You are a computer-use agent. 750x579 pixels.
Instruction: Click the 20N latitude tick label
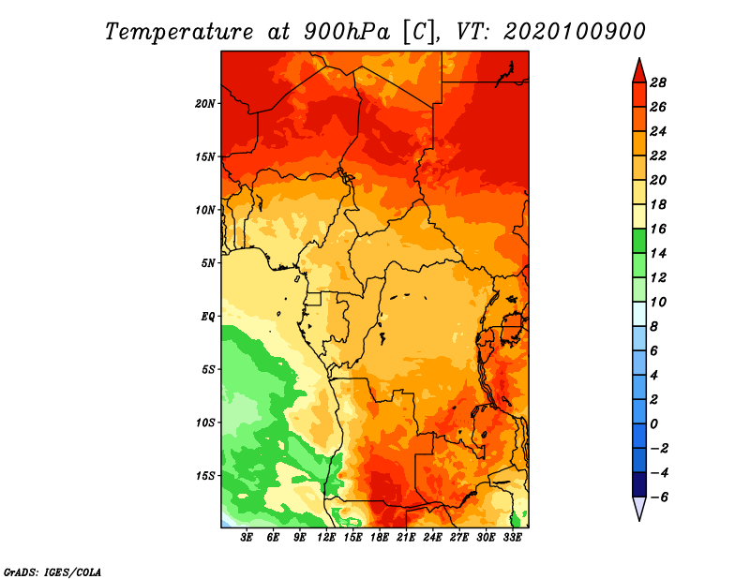pos(205,104)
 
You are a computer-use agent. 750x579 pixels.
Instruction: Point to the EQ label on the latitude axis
pos(208,317)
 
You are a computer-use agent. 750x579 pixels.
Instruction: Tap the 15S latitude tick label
pos(205,476)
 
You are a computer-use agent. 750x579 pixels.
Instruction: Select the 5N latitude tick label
pos(208,263)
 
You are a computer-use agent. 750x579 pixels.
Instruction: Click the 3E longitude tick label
pos(247,538)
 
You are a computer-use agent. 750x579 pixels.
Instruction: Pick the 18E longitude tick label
pos(380,538)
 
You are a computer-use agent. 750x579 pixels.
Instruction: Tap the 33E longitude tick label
pos(512,538)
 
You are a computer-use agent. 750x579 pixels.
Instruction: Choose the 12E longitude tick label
pos(326,538)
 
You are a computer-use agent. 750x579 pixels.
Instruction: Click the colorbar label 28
pos(658,82)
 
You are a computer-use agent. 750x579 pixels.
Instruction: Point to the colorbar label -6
pos(658,497)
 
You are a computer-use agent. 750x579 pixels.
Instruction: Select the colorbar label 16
pos(658,229)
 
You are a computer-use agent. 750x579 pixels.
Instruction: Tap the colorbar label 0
pos(653,424)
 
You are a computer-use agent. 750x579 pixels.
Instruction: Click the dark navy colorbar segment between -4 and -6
pos(639,484)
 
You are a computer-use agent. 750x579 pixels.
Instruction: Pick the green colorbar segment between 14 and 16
pos(639,241)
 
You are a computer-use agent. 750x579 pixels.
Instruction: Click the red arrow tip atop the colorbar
pos(639,58)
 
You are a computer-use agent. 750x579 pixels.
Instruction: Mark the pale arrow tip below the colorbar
pos(639,521)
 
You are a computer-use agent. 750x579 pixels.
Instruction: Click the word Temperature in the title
pos(179,32)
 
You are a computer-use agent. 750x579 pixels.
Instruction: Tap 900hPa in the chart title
pos(347,32)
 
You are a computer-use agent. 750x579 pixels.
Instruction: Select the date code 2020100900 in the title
pos(574,32)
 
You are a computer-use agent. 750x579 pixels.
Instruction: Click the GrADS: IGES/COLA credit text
pos(52,572)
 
